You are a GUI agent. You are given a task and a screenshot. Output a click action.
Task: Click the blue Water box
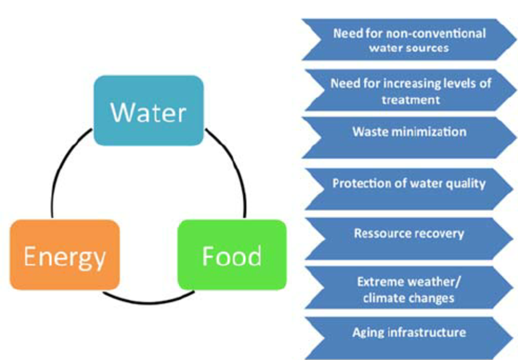tap(148, 110)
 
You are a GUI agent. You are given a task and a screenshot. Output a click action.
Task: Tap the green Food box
tap(232, 256)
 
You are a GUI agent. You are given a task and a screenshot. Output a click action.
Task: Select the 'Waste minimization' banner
tap(409, 132)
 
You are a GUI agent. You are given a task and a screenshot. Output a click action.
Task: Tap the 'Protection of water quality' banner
tap(409, 183)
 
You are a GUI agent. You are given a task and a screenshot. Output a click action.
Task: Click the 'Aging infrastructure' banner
tap(409, 332)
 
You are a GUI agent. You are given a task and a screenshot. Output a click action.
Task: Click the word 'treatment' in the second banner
tap(410, 98)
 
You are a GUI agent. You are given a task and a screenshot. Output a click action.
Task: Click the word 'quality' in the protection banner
tap(467, 183)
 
